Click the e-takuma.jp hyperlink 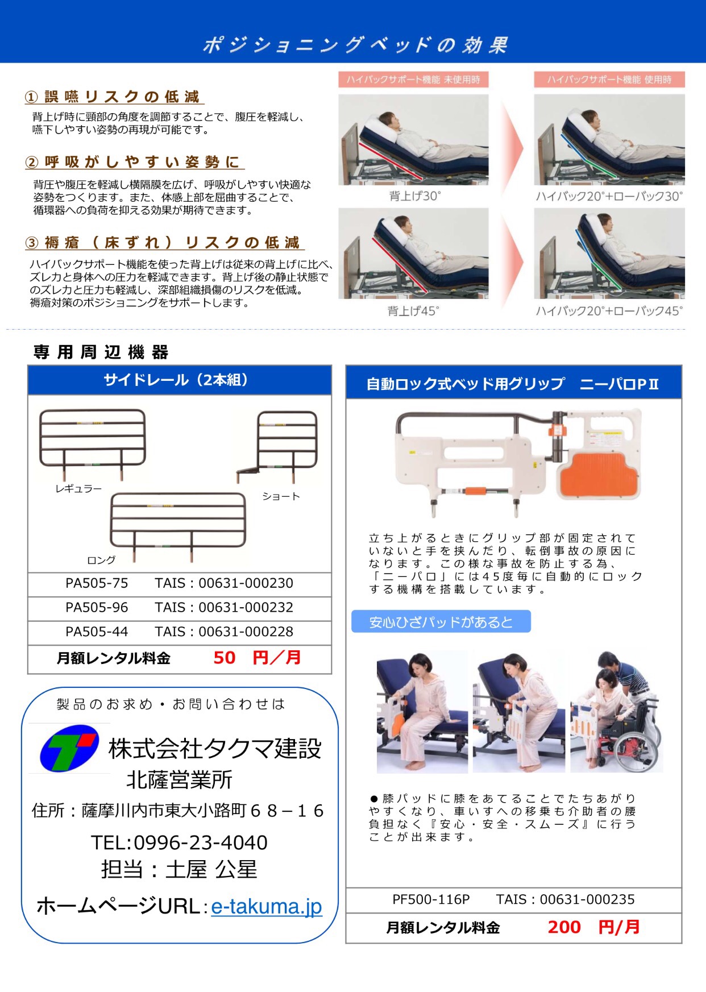(x=266, y=906)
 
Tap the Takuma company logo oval (x=69, y=747)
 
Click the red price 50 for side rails (x=225, y=658)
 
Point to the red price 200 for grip (x=564, y=927)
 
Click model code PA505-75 (x=97, y=583)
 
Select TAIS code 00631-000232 (x=246, y=608)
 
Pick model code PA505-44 (x=97, y=632)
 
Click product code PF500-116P (x=431, y=899)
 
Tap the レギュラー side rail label (x=78, y=489)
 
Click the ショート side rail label (x=281, y=496)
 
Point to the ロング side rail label (x=101, y=560)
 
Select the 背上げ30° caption (x=414, y=196)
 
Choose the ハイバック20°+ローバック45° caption (x=609, y=311)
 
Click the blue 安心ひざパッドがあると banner (x=441, y=622)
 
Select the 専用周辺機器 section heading (x=101, y=352)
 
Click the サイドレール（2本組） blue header (x=180, y=380)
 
